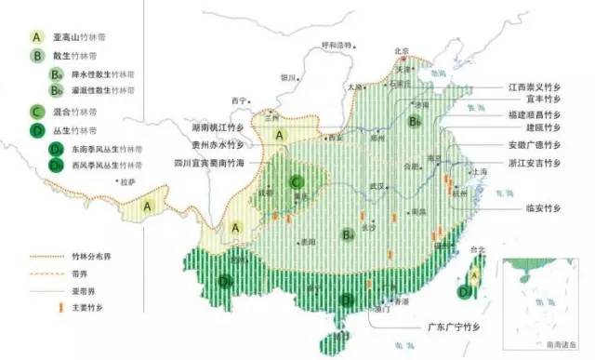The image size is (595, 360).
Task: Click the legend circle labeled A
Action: point(37,36)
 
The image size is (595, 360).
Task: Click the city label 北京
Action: point(402,51)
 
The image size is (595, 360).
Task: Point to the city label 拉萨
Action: point(127,182)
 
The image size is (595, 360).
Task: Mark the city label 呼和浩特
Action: point(337,46)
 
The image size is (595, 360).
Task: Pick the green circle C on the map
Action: point(297,181)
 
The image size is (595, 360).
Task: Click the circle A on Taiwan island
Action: point(472,273)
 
